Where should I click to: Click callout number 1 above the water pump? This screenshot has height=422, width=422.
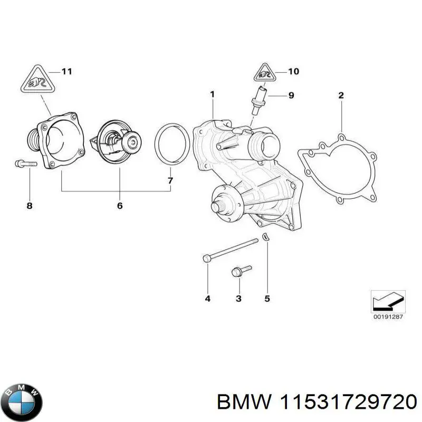(212, 94)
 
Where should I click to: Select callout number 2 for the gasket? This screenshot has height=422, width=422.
(341, 95)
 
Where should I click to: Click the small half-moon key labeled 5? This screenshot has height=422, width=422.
(266, 238)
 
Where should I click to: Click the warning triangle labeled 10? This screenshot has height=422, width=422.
(264, 73)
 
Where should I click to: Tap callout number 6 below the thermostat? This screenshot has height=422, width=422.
(120, 205)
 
